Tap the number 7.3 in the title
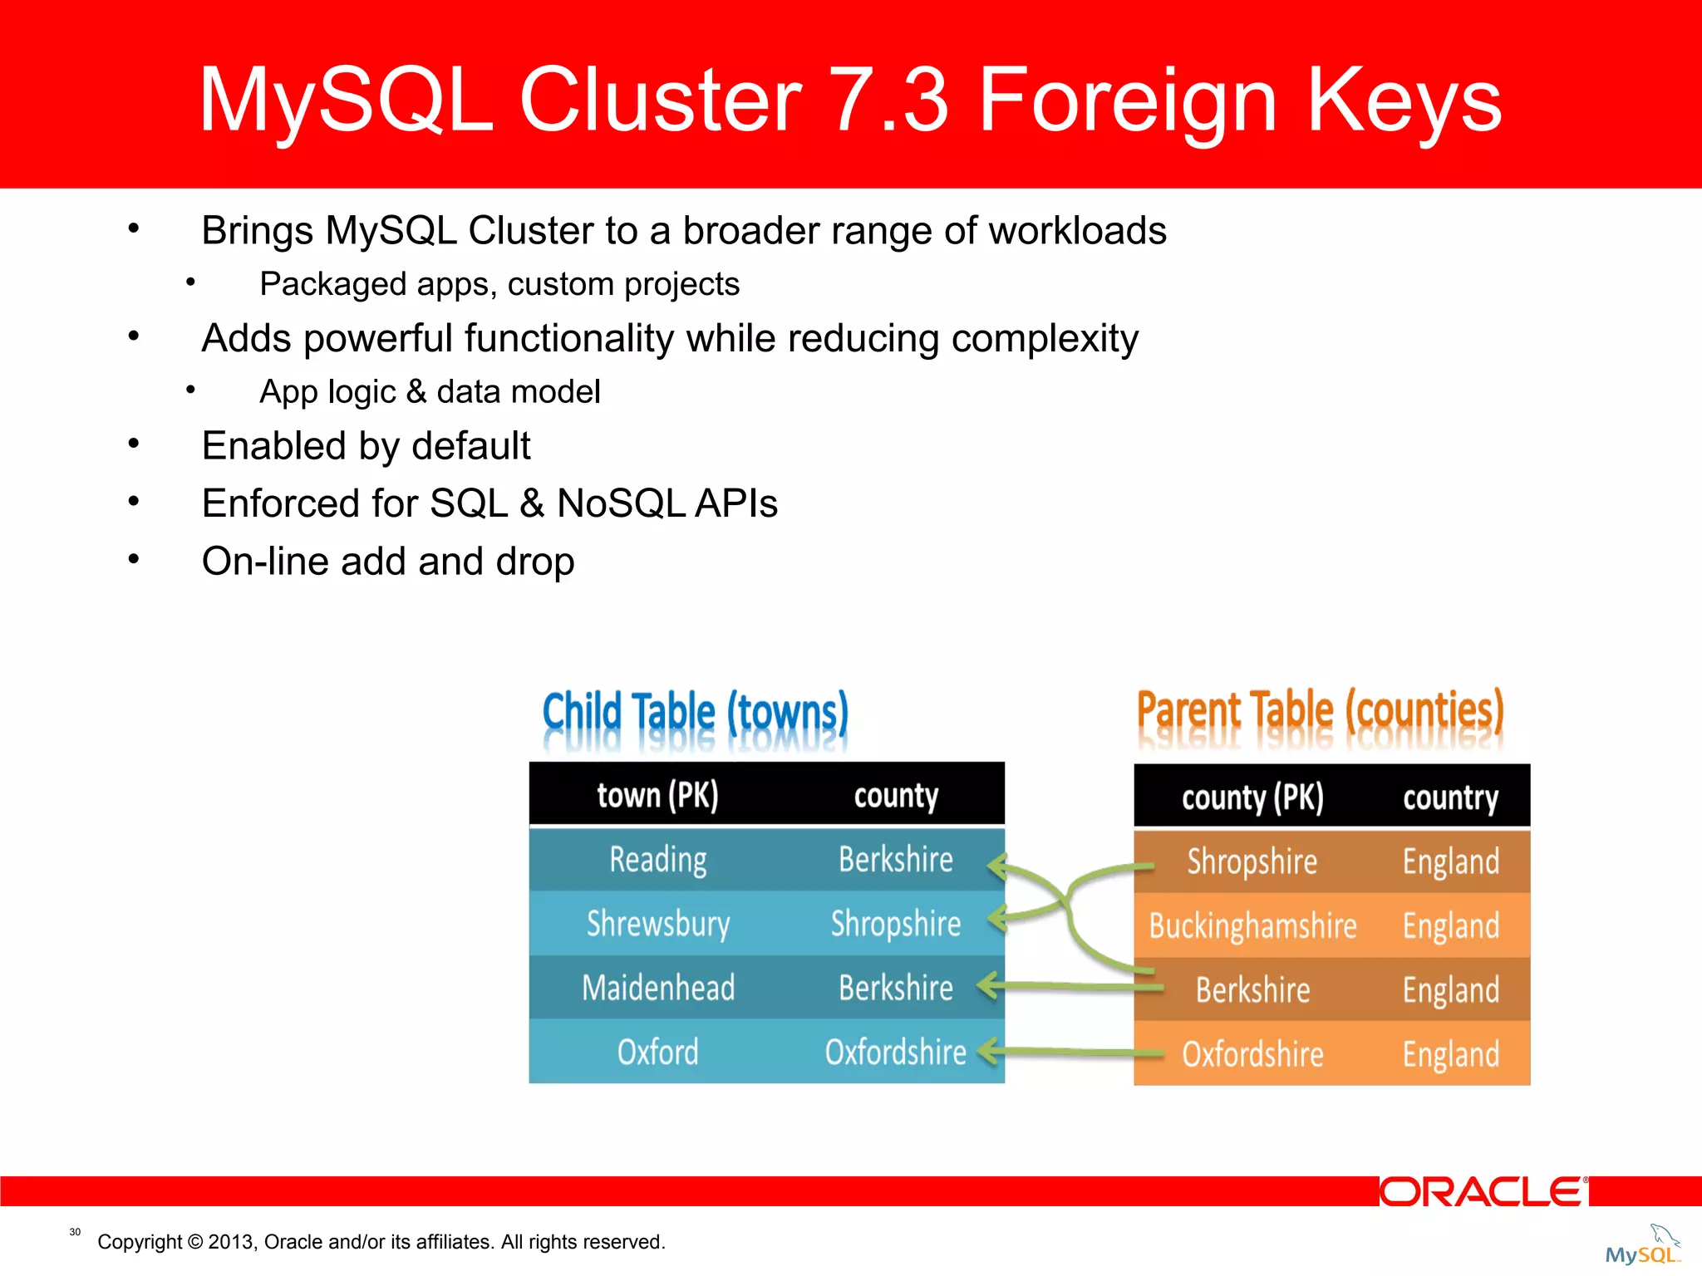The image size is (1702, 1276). coord(889,101)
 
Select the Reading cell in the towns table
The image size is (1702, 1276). coord(657,860)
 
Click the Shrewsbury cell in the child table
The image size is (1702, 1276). coord(657,924)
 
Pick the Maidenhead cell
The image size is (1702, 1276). coord(657,988)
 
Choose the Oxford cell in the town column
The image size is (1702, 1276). coord(657,1052)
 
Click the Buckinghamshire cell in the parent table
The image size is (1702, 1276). coord(1252,925)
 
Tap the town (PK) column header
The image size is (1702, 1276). coord(657,795)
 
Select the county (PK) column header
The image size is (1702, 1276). coord(1252,797)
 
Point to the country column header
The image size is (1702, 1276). coord(1450,797)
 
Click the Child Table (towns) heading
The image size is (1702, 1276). coord(695,713)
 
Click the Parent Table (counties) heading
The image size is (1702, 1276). coord(1320,711)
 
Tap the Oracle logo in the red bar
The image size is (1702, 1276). coord(1483,1191)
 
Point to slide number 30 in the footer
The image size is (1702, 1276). coord(75,1232)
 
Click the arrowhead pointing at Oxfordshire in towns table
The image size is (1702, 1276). coord(987,1051)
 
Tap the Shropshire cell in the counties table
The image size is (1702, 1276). coord(1252,861)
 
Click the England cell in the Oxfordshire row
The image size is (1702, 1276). coord(1450,1054)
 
